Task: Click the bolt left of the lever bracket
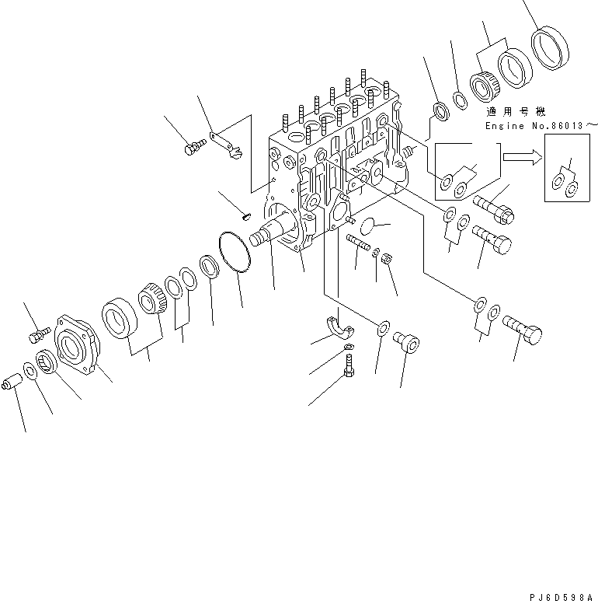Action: point(193,147)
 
